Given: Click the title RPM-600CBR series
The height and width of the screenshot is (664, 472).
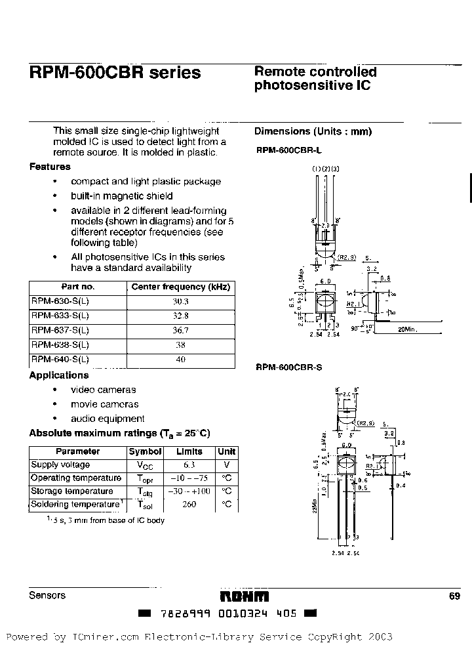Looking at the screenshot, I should (115, 73).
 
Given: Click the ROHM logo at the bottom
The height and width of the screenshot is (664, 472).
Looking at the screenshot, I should (244, 595).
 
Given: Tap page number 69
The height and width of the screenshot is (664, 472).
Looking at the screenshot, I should (455, 595).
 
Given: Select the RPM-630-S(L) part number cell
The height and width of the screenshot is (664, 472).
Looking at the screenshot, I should (60, 301).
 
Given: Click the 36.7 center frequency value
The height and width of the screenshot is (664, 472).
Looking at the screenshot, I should (181, 330).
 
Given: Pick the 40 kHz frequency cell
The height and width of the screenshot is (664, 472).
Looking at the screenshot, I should (181, 359).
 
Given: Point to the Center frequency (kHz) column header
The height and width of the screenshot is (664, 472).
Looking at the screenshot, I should (181, 287).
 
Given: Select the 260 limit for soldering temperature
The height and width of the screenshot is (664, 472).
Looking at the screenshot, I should (190, 504).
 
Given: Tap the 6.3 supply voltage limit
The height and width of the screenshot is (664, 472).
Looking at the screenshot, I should (190, 465).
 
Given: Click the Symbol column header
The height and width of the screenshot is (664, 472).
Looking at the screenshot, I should (145, 451).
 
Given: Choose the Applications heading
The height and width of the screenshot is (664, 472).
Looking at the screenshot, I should (59, 375).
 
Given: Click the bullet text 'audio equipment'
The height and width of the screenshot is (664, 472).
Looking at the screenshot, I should (108, 419).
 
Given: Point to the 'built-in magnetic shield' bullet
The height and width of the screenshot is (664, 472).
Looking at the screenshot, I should (122, 196).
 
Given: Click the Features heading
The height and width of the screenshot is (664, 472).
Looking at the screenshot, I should (50, 167).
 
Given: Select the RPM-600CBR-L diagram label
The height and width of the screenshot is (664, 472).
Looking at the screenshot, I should (285, 150).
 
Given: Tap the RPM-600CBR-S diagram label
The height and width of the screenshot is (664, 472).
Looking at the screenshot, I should (285, 368).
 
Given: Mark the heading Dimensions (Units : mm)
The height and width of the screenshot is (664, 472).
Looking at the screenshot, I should (313, 131).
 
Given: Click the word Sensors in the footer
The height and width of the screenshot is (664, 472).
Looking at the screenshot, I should (47, 595).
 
